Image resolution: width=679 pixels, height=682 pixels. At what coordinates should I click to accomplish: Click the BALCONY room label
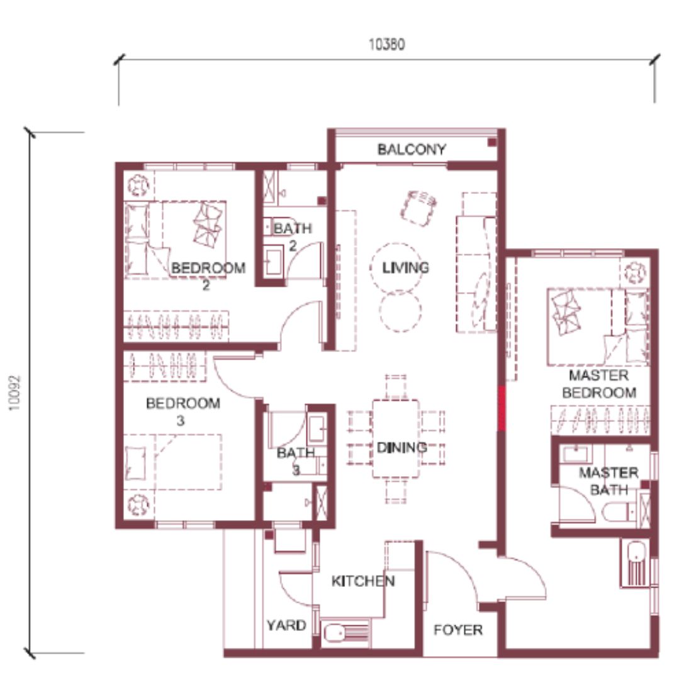(x=412, y=150)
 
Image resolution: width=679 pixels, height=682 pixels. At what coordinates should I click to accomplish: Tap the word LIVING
(x=405, y=268)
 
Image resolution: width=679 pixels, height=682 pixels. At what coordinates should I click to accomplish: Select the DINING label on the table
(x=401, y=448)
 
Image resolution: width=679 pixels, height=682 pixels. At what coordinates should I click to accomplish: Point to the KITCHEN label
(x=363, y=581)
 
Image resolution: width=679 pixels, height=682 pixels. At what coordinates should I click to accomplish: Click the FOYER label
(x=458, y=630)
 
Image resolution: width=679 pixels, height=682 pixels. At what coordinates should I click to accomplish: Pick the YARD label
(x=286, y=625)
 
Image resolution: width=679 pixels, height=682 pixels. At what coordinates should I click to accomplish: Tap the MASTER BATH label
(x=609, y=481)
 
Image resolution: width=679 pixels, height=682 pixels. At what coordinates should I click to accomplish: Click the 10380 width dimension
(x=386, y=44)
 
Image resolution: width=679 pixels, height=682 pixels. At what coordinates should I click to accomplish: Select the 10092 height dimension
(x=14, y=393)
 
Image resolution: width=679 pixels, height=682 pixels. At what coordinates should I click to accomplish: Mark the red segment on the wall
(x=502, y=409)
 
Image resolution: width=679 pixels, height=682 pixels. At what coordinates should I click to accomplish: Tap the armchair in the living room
(x=418, y=208)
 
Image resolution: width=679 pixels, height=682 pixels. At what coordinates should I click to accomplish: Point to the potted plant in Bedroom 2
(x=138, y=185)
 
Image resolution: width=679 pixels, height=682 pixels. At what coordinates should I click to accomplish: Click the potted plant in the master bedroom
(x=635, y=273)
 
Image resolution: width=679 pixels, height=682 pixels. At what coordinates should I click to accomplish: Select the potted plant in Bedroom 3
(x=138, y=505)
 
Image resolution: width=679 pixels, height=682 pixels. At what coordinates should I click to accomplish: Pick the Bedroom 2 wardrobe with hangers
(x=176, y=326)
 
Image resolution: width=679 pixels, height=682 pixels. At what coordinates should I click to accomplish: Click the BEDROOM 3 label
(x=182, y=411)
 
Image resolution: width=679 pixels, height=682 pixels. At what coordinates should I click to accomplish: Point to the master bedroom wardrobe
(x=600, y=420)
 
